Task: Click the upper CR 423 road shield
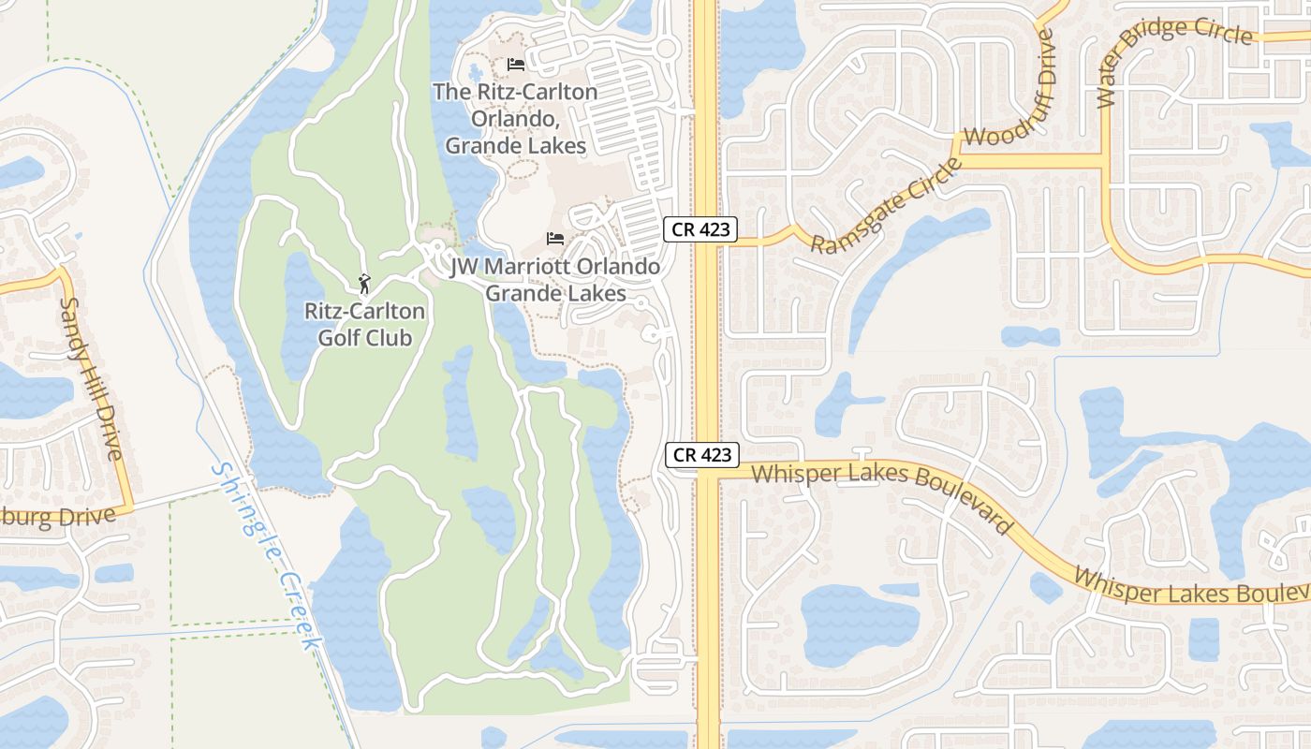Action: pos(701,229)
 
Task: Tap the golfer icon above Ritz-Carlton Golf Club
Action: pos(364,283)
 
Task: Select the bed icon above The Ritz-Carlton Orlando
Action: pos(515,65)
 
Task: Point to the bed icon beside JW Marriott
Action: pos(555,239)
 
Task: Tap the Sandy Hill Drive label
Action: pos(91,378)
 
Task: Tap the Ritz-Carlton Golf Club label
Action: pos(364,324)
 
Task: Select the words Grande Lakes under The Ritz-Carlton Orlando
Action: pos(515,146)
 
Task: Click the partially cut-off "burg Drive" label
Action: pos(58,517)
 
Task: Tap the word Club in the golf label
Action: pos(390,337)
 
